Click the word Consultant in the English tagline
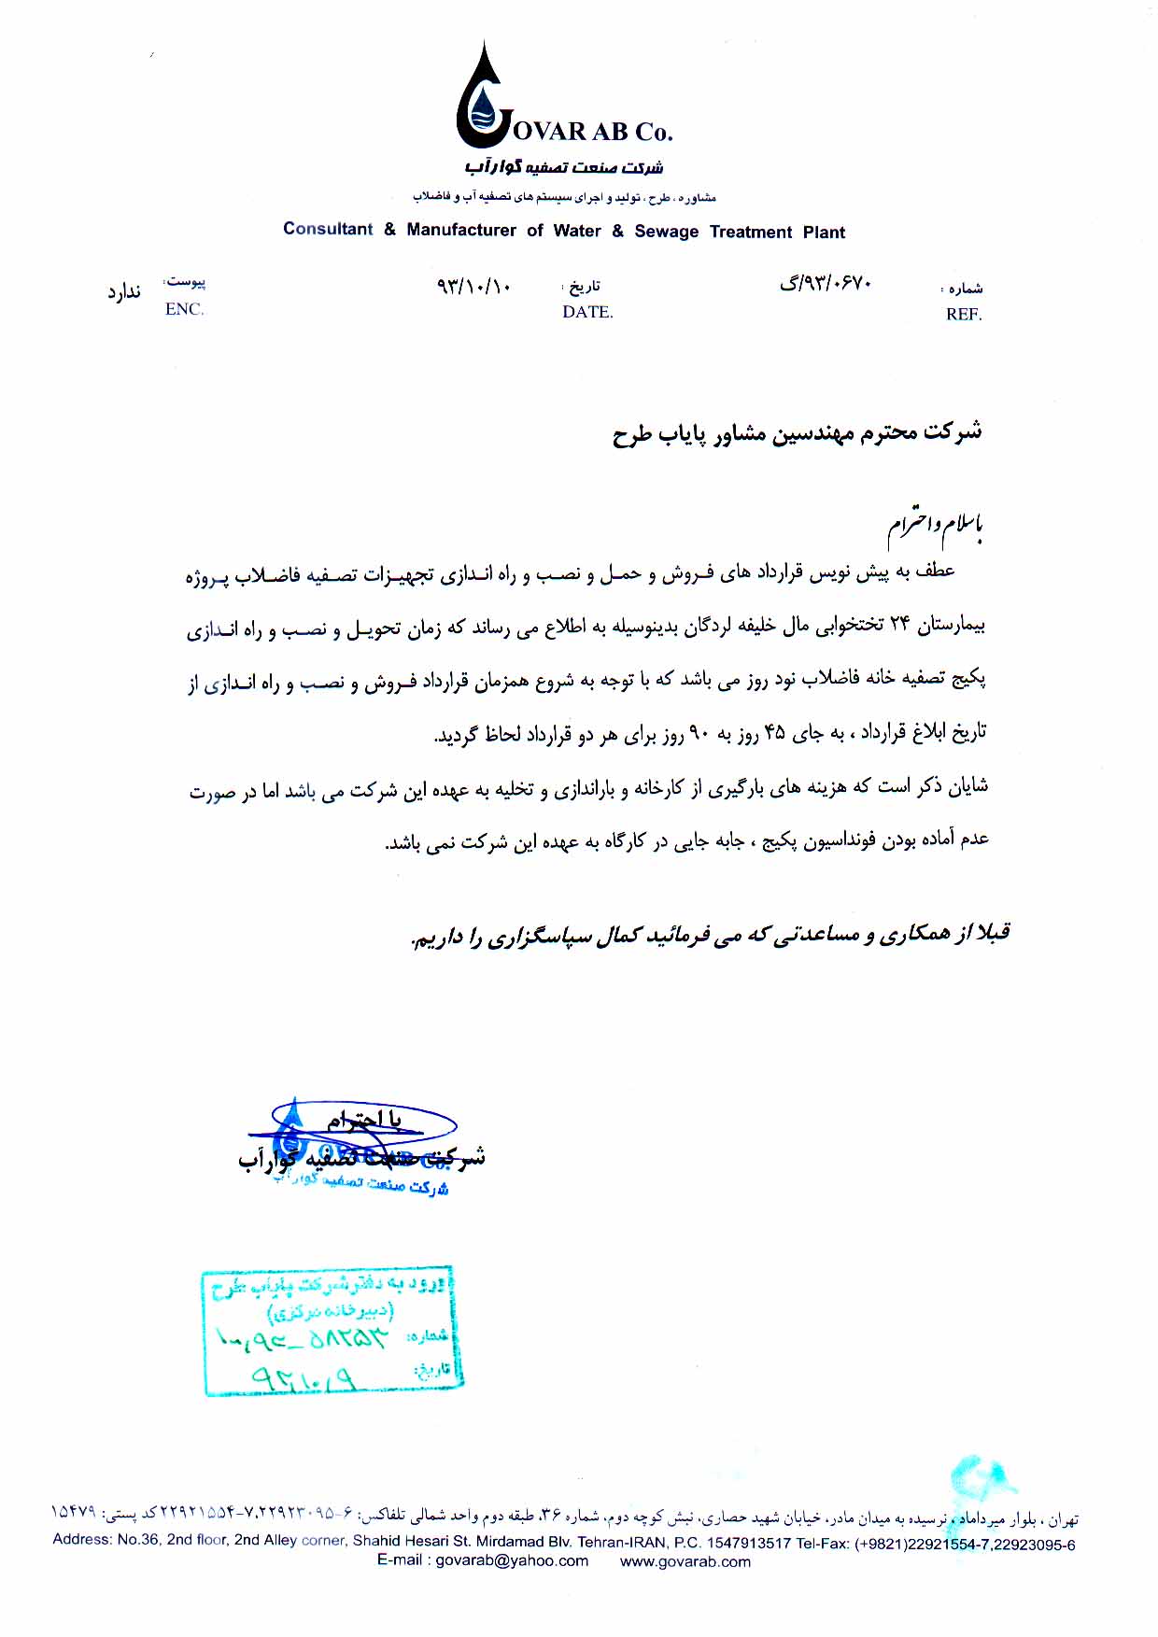coord(328,229)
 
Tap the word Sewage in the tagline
coord(666,232)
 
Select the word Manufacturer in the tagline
coord(461,230)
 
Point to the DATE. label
coord(587,312)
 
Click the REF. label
coord(964,315)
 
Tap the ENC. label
coord(184,309)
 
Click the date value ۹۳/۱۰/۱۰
coord(473,286)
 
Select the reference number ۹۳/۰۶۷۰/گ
coord(826,282)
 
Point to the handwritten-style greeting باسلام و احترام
coord(934,527)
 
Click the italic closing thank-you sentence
coord(710,935)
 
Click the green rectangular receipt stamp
coord(332,1331)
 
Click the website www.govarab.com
coord(685,1561)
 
